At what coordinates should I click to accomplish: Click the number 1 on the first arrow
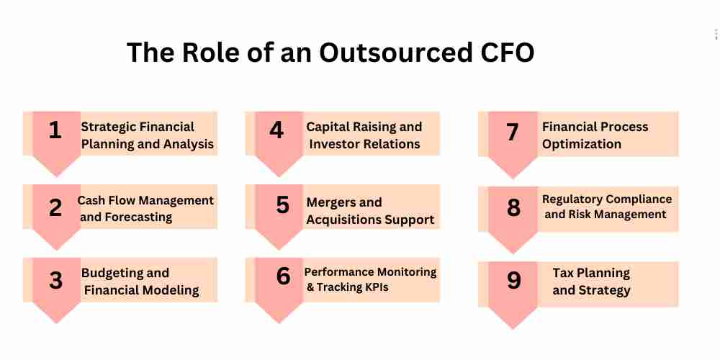[x=55, y=130]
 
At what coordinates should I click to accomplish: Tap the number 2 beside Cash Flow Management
[x=55, y=207]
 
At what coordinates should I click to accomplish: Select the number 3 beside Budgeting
[x=55, y=281]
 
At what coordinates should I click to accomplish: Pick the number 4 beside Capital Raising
[x=276, y=130]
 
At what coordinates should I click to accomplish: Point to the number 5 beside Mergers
[x=283, y=204]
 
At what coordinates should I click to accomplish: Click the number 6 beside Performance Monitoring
[x=283, y=276]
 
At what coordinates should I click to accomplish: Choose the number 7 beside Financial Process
[x=513, y=132]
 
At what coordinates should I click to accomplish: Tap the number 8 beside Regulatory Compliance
[x=514, y=207]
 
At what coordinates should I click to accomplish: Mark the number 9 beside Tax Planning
[x=514, y=281]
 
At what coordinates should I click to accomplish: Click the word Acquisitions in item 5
[x=343, y=220]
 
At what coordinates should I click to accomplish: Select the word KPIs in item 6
[x=376, y=287]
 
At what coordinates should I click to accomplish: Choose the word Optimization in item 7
[x=581, y=144]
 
